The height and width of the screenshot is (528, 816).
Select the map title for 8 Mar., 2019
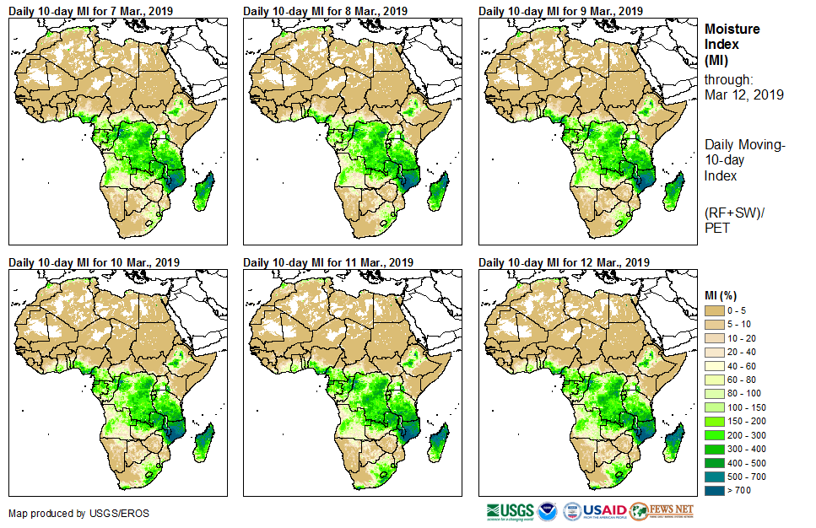(325, 11)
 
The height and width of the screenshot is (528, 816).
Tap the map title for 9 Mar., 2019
(560, 11)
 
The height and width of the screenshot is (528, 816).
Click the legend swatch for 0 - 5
(714, 311)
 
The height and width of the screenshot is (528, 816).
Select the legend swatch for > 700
(714, 489)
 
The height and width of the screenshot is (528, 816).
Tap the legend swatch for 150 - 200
(714, 421)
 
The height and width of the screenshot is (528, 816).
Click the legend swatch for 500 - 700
(714, 476)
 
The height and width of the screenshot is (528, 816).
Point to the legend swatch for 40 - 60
(714, 366)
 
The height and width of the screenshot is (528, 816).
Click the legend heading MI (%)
(724, 294)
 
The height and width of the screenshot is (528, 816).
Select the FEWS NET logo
(662, 511)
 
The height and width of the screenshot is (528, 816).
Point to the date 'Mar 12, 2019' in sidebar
(743, 94)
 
